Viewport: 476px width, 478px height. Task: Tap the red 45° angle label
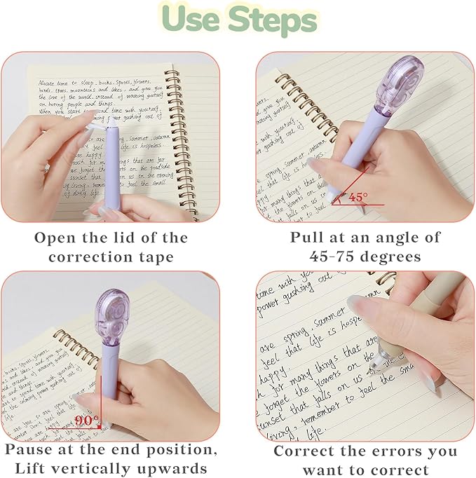(358, 198)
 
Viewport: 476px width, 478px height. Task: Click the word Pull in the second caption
(307, 237)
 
